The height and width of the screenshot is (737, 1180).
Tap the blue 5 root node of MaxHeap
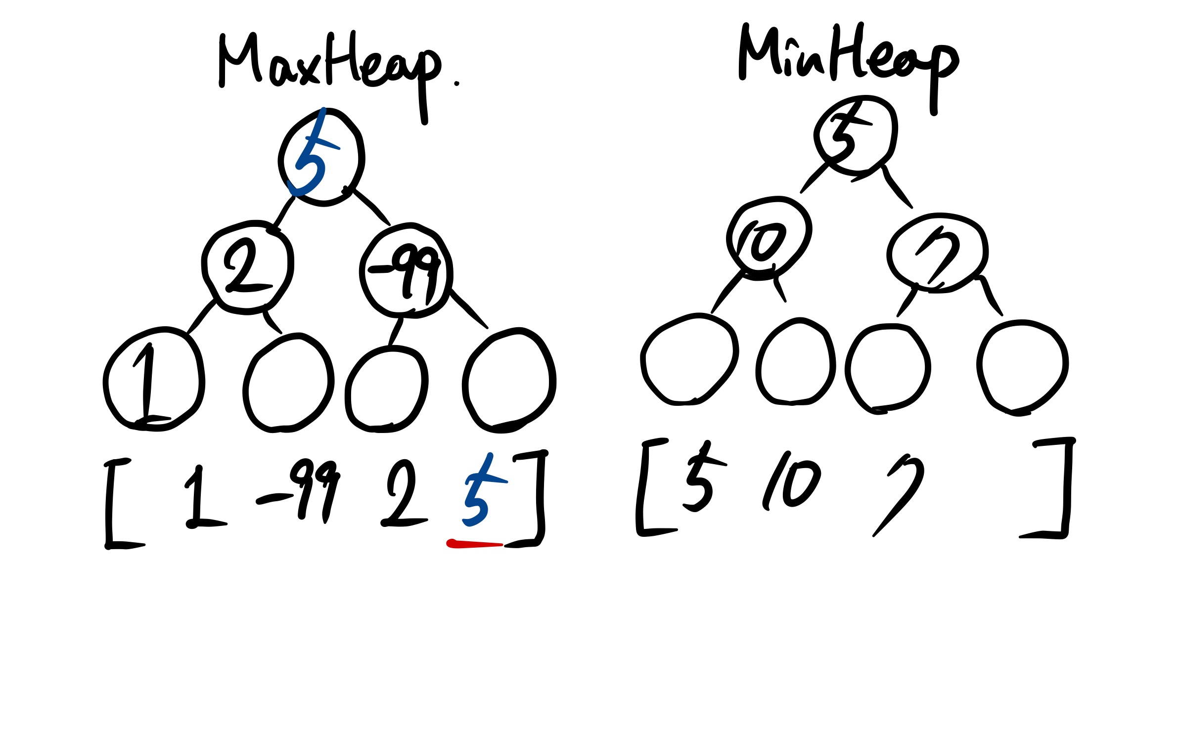click(321, 157)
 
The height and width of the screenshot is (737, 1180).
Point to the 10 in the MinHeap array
click(791, 482)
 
